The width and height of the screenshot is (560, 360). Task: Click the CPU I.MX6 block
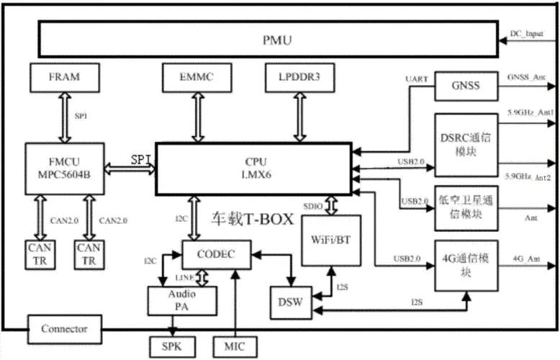[253, 168]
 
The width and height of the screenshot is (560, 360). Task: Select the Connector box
[64, 330]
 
